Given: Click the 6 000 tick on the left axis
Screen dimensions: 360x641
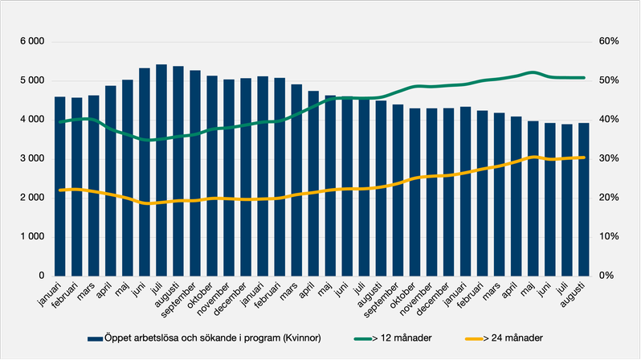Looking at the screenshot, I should click(x=30, y=42).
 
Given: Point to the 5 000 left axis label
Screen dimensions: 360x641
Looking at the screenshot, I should click(x=30, y=80).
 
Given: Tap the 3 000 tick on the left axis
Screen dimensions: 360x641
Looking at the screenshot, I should click(x=30, y=158).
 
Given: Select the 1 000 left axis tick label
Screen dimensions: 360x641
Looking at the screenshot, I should click(x=30, y=236).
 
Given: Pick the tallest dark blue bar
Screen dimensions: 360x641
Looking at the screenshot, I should click(x=161, y=170).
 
